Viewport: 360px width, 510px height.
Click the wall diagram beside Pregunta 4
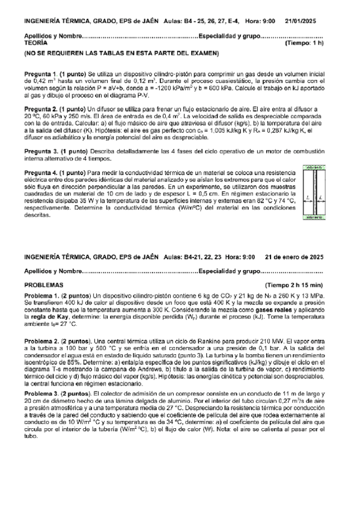click(x=316, y=192)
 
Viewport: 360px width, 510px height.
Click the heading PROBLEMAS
click(x=43, y=284)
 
